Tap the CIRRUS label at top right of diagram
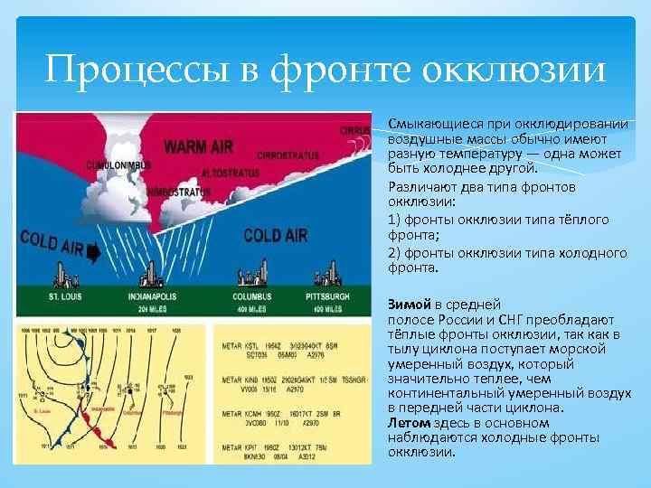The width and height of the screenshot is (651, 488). (354, 130)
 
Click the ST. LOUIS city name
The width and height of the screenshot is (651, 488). (49, 296)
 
